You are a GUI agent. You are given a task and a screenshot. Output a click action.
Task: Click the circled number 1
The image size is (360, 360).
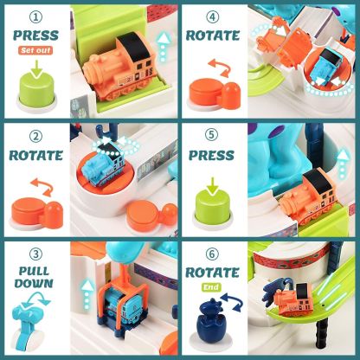[x=35, y=17]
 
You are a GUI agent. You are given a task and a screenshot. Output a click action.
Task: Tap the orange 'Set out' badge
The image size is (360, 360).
[x=35, y=50]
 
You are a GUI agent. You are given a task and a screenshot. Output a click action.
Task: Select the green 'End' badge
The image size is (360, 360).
[x=212, y=287]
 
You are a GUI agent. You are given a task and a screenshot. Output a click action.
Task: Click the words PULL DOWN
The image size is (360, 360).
[x=34, y=277]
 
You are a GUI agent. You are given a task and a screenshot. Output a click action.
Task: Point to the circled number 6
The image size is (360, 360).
[x=212, y=254]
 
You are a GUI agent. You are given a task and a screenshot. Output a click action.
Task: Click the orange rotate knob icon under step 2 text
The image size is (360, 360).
[x=37, y=212]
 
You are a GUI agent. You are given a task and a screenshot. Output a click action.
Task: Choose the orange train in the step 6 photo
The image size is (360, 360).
[x=292, y=299]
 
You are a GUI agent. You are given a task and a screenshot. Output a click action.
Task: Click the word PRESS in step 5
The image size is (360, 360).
[x=211, y=155]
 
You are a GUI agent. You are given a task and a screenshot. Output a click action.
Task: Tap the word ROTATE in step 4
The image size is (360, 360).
[x=213, y=35]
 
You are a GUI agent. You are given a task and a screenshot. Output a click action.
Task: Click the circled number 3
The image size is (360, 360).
[x=35, y=254]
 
